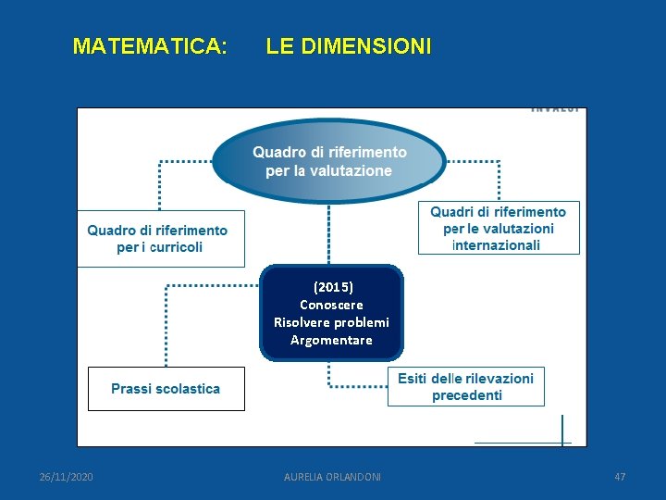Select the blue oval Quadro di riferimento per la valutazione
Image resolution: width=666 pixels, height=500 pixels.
pos(329,160)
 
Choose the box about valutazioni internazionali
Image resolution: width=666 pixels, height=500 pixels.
pos(499,228)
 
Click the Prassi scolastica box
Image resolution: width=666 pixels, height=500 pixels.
pos(166,389)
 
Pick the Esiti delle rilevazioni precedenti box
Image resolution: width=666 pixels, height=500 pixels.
pos(466,387)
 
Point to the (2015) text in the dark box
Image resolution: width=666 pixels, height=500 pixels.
pos(333,287)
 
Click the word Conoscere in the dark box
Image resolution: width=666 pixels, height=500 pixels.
pos(331,305)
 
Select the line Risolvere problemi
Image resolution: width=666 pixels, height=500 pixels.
pos(331,322)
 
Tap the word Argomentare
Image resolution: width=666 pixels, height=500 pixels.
pos(331,340)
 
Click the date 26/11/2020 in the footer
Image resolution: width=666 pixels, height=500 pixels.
pos(66,477)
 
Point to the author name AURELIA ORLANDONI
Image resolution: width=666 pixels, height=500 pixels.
pos(332,477)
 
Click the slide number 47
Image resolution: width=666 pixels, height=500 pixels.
pos(620,477)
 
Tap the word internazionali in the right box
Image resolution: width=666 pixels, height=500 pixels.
pos(497,245)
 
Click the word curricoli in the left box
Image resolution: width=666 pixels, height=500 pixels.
pos(172,247)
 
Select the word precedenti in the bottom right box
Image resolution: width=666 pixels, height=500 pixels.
pos(467,395)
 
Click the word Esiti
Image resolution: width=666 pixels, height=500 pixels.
pos(415,379)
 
